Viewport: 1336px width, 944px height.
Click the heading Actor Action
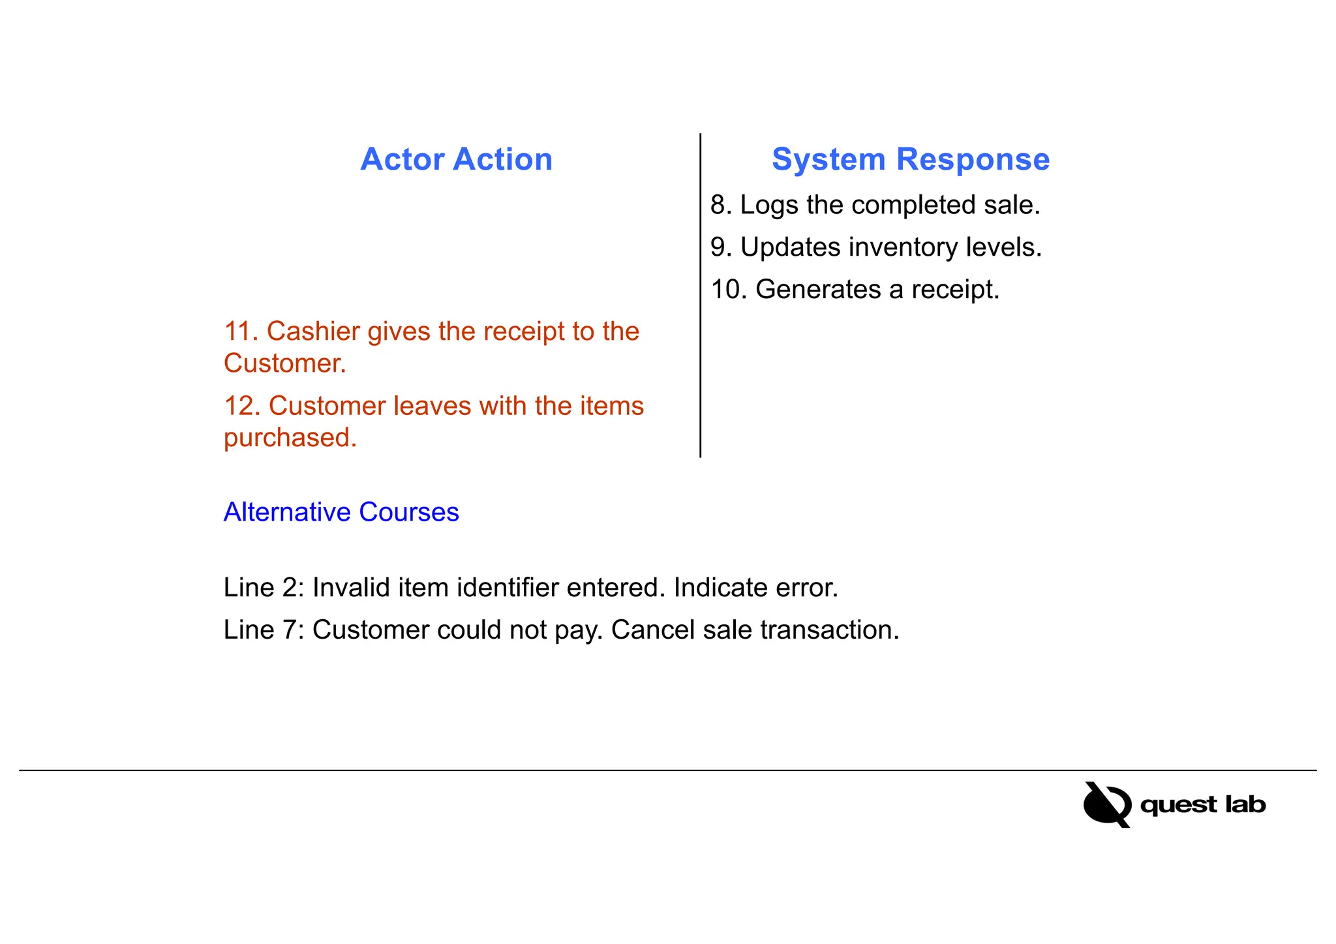coord(456,160)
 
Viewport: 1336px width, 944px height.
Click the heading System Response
coord(910,160)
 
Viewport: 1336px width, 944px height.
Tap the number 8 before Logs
coord(718,206)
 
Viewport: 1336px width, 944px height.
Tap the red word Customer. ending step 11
coord(284,363)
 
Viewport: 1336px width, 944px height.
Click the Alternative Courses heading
coord(341,512)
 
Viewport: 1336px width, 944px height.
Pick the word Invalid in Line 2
coord(351,588)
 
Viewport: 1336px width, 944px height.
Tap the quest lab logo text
coord(1202,805)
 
